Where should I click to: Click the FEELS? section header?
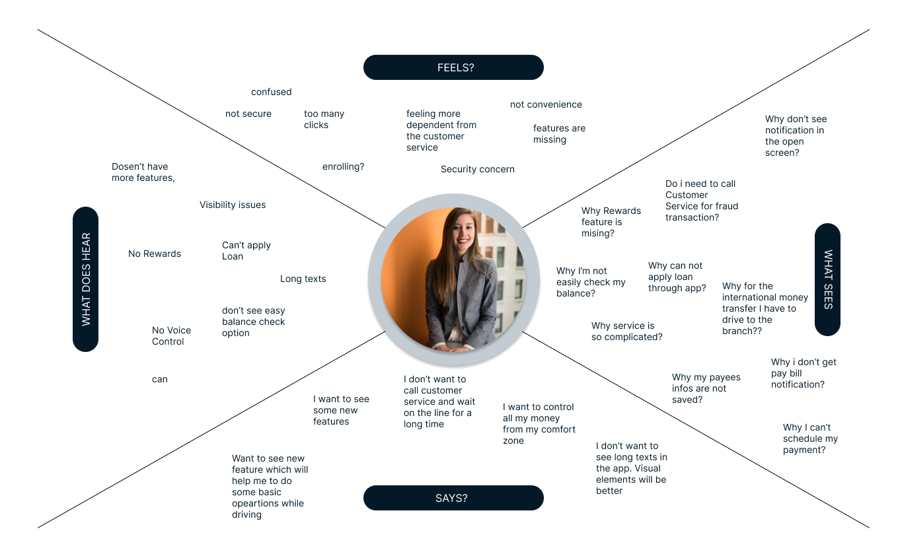point(453,67)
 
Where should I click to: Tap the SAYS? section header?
point(453,498)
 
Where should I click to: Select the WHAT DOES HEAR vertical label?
point(86,279)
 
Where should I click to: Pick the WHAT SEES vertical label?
point(827,279)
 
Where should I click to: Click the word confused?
point(271,92)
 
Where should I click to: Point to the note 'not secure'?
point(248,114)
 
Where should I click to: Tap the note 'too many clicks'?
point(324,119)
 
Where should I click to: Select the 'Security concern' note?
point(477,169)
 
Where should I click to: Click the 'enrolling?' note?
point(343,166)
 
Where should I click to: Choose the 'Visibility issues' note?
point(233,205)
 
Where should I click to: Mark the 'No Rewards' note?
point(155,254)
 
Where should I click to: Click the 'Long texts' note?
point(303,279)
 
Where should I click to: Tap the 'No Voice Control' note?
point(171,335)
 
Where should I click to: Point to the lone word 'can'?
point(160,379)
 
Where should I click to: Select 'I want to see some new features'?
point(341,410)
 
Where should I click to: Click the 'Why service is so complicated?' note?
point(626,331)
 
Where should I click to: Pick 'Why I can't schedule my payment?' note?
point(810,438)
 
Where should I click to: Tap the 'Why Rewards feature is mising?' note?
point(611,222)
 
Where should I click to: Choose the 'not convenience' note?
point(546,104)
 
